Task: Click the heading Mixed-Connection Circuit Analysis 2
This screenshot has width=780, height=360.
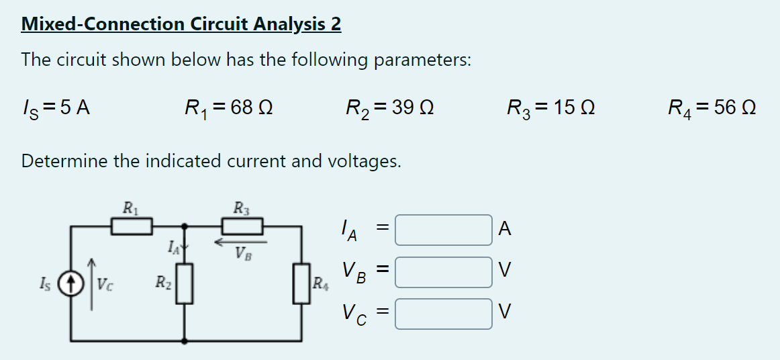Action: (x=181, y=24)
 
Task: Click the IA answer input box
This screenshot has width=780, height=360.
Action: (x=444, y=230)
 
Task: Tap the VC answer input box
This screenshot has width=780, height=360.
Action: (x=444, y=314)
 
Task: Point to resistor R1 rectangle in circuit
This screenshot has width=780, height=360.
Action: (x=132, y=227)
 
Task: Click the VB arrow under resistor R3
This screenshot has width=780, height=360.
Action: (x=240, y=240)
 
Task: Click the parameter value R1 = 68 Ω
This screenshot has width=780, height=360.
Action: (x=228, y=107)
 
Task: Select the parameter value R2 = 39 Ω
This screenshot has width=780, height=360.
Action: (x=389, y=107)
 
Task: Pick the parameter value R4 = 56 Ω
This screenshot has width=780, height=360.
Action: (x=712, y=107)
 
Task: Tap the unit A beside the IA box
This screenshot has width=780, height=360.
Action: (x=505, y=230)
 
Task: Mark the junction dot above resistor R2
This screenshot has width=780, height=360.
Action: (x=185, y=227)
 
